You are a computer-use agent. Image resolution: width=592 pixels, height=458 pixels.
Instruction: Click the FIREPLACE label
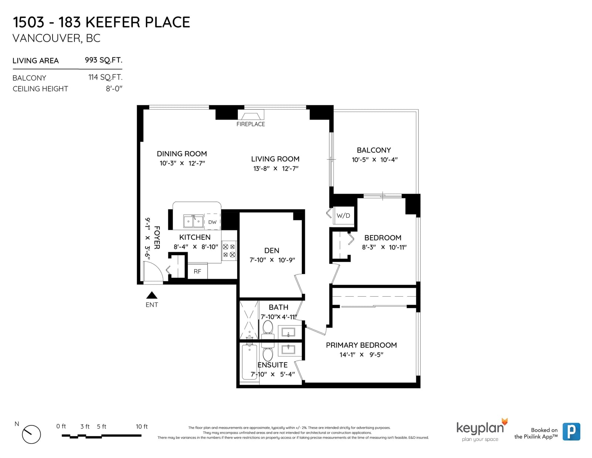click(250, 124)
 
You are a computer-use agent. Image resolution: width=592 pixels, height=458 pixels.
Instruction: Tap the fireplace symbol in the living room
click(250, 115)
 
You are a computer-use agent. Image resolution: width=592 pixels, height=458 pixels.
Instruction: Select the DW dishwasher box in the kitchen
click(212, 222)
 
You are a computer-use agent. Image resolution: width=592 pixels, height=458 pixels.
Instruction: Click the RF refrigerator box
click(198, 271)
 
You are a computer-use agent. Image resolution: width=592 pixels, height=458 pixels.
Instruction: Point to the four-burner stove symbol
click(229, 251)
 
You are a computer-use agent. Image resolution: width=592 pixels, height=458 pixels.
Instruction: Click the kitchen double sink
click(194, 221)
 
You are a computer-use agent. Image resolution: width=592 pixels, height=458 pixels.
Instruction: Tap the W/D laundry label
click(343, 215)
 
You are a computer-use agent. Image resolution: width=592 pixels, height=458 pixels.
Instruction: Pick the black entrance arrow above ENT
click(152, 295)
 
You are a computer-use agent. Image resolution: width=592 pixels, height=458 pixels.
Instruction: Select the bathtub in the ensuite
click(249, 362)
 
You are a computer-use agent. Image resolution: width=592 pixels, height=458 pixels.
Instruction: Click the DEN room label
click(272, 251)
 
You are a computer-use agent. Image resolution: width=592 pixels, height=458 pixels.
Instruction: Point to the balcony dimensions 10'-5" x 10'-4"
click(374, 160)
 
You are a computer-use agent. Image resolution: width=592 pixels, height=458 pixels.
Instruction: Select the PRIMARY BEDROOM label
click(361, 345)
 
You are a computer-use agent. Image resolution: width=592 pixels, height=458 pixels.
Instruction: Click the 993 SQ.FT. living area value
click(104, 60)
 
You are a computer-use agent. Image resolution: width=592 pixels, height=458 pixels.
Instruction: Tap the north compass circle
click(31, 434)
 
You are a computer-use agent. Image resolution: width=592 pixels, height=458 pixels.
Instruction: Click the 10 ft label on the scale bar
click(142, 427)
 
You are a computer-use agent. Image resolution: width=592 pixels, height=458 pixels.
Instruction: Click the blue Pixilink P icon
click(571, 432)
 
